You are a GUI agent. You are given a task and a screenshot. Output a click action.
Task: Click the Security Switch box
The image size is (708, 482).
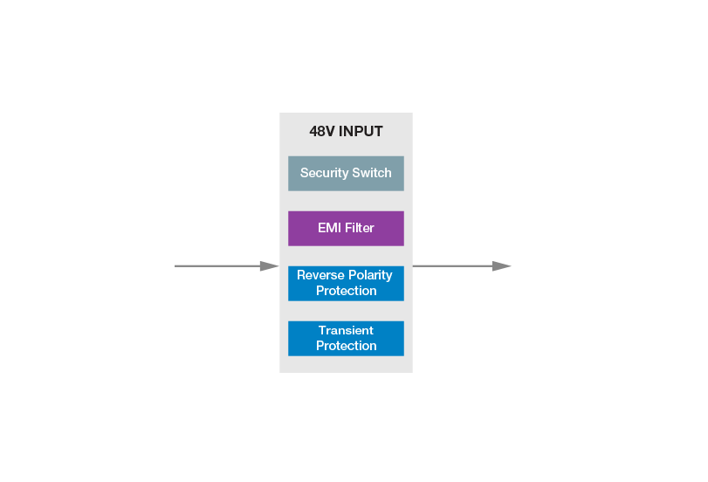pyautogui.click(x=346, y=173)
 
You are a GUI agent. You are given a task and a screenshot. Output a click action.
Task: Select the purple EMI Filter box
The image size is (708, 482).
pyautogui.click(x=346, y=228)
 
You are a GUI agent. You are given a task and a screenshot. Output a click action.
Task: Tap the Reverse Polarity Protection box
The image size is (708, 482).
pyautogui.click(x=346, y=283)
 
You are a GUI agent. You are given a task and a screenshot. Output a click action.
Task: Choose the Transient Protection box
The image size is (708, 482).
pyautogui.click(x=346, y=338)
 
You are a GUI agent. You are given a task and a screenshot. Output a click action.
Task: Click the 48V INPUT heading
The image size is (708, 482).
pyautogui.click(x=346, y=132)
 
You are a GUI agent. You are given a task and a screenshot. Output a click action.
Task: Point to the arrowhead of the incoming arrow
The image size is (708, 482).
pyautogui.click(x=270, y=265)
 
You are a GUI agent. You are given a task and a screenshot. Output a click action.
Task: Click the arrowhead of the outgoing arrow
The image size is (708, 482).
pyautogui.click(x=501, y=265)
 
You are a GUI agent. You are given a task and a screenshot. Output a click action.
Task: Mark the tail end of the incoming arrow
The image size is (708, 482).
pyautogui.click(x=176, y=265)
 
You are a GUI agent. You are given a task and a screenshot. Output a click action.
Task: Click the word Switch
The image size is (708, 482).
pyautogui.click(x=372, y=173)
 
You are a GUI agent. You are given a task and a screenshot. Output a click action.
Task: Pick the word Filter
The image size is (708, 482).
pyautogui.click(x=359, y=228)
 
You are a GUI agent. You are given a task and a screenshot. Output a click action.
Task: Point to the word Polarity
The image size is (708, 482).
pyautogui.click(x=370, y=275)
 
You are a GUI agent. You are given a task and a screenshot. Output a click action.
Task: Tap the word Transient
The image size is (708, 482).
pyautogui.click(x=346, y=330)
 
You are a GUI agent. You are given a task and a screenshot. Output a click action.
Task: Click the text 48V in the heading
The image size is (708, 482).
pyautogui.click(x=322, y=132)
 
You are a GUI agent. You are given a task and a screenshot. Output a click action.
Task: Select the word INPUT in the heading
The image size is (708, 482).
pyautogui.click(x=361, y=132)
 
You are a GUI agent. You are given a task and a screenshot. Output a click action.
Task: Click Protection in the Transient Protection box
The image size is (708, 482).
pyautogui.click(x=346, y=346)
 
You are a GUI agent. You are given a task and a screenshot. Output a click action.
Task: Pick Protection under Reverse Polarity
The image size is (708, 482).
pyautogui.click(x=346, y=291)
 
